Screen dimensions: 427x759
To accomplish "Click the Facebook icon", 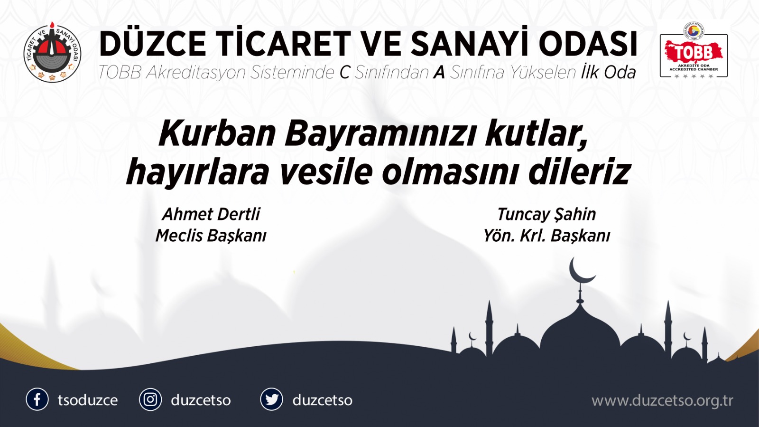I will [x=37, y=399].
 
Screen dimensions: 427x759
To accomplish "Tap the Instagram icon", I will [x=150, y=399].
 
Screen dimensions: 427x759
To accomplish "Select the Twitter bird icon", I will [x=271, y=399].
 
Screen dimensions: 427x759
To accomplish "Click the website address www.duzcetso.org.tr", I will [x=662, y=400].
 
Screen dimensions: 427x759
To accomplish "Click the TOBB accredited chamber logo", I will [x=694, y=51].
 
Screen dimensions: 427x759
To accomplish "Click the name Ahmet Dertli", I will [x=211, y=214].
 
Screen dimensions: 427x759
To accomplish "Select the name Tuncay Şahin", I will [x=546, y=214].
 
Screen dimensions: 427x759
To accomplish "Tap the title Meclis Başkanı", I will [x=211, y=236].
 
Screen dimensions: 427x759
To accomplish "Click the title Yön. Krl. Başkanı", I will [x=546, y=236].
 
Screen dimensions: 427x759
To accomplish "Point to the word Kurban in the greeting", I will [x=217, y=133].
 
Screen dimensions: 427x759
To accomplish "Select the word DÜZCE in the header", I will [x=153, y=44].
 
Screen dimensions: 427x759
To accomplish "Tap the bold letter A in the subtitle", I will [x=439, y=73].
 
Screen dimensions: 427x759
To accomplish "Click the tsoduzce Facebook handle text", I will [x=88, y=400].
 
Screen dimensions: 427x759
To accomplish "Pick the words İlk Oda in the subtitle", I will [x=609, y=73].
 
